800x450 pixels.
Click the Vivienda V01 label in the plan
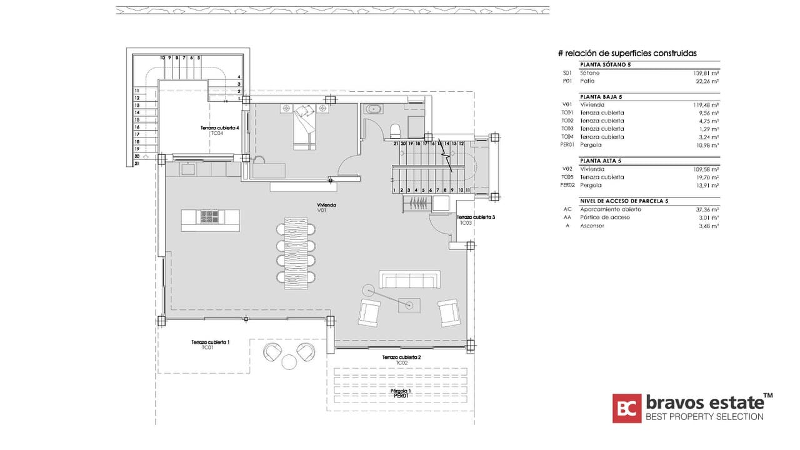click(323, 207)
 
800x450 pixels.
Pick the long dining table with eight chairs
click(296, 253)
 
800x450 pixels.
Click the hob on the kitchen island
click(209, 217)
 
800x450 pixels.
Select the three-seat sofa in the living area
click(409, 279)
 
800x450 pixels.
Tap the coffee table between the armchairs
click(409, 306)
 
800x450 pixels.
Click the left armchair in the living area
click(369, 312)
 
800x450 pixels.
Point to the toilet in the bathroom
click(395, 130)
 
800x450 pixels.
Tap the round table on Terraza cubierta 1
click(289, 362)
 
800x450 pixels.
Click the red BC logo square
click(626, 408)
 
